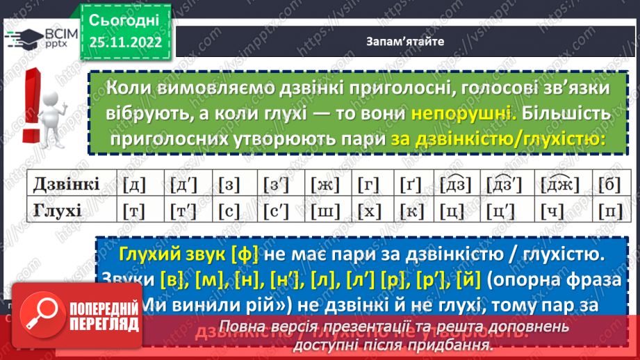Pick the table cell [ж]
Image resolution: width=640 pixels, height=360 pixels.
point(322,184)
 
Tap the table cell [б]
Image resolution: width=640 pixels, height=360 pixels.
point(609,184)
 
